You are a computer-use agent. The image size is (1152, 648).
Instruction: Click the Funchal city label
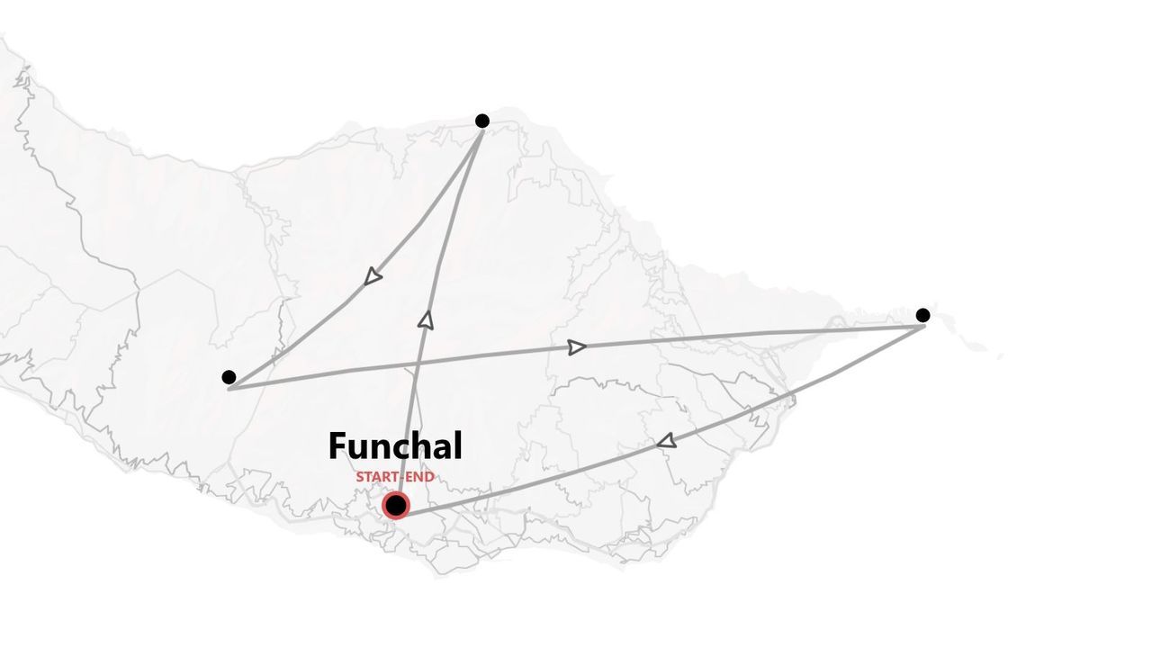(x=395, y=446)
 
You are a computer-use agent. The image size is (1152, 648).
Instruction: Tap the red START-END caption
(x=394, y=477)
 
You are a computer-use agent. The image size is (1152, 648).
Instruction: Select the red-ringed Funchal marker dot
(x=395, y=506)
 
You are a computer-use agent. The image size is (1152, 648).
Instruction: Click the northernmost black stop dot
(x=482, y=121)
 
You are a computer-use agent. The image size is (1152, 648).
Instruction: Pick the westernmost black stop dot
(x=229, y=377)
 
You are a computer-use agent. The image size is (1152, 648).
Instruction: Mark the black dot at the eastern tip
(x=922, y=315)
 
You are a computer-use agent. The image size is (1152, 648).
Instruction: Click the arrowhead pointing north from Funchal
(x=426, y=319)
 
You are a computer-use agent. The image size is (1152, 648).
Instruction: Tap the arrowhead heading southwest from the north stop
(x=373, y=277)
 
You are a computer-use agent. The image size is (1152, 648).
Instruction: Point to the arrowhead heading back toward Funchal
(x=666, y=441)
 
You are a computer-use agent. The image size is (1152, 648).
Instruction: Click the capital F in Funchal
(x=338, y=446)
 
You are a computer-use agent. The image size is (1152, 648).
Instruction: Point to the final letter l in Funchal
(x=457, y=445)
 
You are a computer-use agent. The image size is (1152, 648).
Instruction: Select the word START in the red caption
(x=373, y=477)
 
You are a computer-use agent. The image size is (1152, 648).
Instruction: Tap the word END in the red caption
(x=420, y=477)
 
